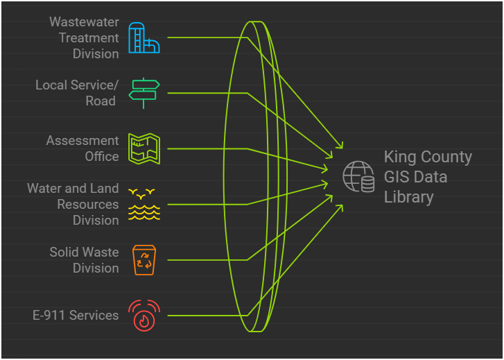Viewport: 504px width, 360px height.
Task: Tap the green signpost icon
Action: point(145,93)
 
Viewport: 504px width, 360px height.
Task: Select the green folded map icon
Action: point(145,148)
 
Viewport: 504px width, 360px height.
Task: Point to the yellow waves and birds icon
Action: point(145,204)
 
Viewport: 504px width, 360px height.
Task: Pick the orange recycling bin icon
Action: point(145,259)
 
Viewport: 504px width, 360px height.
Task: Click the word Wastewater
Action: point(84,22)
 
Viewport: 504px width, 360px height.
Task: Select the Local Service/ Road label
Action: point(77,93)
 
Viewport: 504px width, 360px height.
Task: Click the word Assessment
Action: point(82,141)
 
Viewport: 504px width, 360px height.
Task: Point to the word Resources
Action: point(88,205)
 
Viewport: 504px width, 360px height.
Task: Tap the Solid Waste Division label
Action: point(84,260)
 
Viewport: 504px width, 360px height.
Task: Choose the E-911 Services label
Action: point(76,316)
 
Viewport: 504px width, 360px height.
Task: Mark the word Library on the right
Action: point(409,197)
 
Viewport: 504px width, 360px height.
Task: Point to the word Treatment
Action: point(89,38)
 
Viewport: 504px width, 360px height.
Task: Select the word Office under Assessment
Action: point(102,157)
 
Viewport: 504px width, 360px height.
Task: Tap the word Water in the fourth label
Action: point(44,189)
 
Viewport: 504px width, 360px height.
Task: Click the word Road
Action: point(101,101)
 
